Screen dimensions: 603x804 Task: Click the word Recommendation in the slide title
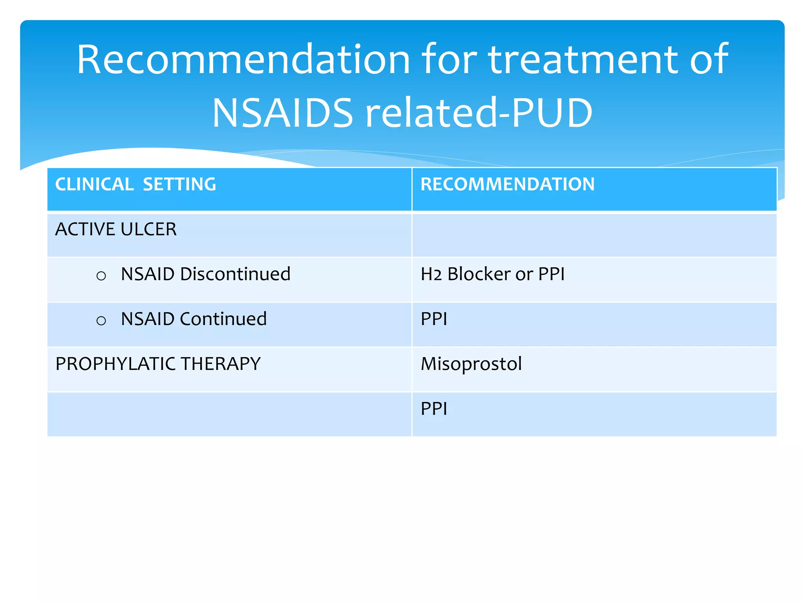coord(243,60)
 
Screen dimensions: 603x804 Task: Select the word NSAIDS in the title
coord(283,113)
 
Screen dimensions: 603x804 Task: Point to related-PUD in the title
coord(479,113)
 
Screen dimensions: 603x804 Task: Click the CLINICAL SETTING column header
coord(135,185)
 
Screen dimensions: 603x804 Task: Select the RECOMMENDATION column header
coord(508,185)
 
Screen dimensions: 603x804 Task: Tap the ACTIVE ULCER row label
coord(116,229)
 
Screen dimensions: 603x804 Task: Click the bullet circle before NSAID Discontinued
coord(101,276)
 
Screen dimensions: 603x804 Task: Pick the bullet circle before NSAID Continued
coord(101,321)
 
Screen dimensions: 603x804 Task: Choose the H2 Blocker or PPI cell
coord(492,274)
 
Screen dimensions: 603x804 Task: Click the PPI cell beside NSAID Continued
coord(434,319)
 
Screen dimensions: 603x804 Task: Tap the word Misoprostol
coord(471,364)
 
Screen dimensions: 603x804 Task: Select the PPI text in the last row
coord(434,409)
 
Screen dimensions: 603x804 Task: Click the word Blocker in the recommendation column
coord(479,274)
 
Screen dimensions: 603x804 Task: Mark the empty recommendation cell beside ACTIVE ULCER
coord(594,235)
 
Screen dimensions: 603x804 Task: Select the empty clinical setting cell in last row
coord(229,414)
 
